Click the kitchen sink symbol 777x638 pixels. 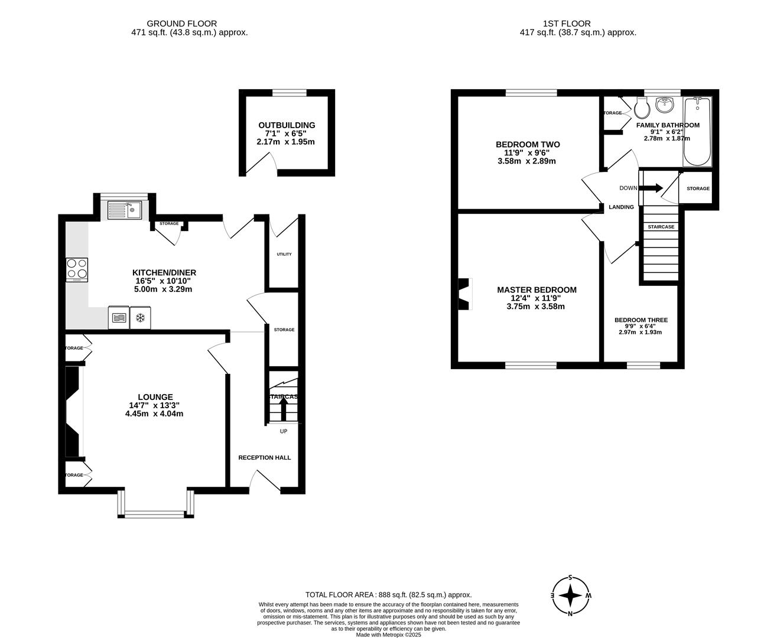(125, 209)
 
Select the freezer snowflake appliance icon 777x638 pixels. (141, 318)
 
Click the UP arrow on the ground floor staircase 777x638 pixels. (283, 408)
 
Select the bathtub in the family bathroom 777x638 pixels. (698, 132)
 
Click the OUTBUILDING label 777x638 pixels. (287, 125)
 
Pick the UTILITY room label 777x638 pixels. (284, 254)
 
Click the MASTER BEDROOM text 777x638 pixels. (537, 290)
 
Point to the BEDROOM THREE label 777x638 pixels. (641, 320)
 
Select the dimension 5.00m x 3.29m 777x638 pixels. (164, 289)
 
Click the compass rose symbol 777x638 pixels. (570, 595)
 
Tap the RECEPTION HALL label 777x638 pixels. (264, 457)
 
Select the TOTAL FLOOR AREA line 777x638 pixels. (388, 595)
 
